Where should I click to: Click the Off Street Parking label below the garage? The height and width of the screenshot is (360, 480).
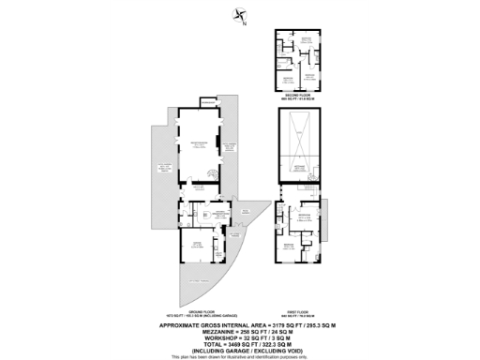point(199,280)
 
